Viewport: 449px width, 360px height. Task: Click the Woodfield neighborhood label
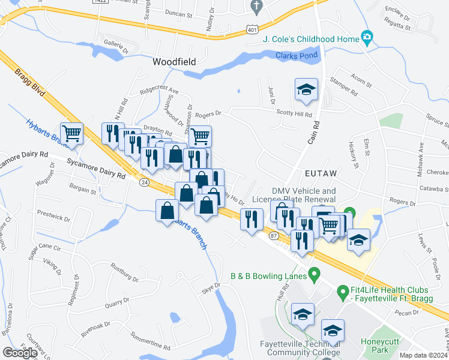click(175, 62)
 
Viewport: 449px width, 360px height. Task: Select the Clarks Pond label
click(292, 56)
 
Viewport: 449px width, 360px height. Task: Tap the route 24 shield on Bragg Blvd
click(144, 181)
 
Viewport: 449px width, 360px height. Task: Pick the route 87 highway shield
click(273, 236)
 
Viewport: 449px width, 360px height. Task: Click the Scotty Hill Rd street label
click(294, 114)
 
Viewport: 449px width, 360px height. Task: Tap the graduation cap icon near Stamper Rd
click(306, 91)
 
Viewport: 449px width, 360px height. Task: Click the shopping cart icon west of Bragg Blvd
click(71, 133)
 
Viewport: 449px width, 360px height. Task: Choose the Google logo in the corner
click(20, 353)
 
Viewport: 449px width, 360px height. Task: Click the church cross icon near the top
click(256, 7)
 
